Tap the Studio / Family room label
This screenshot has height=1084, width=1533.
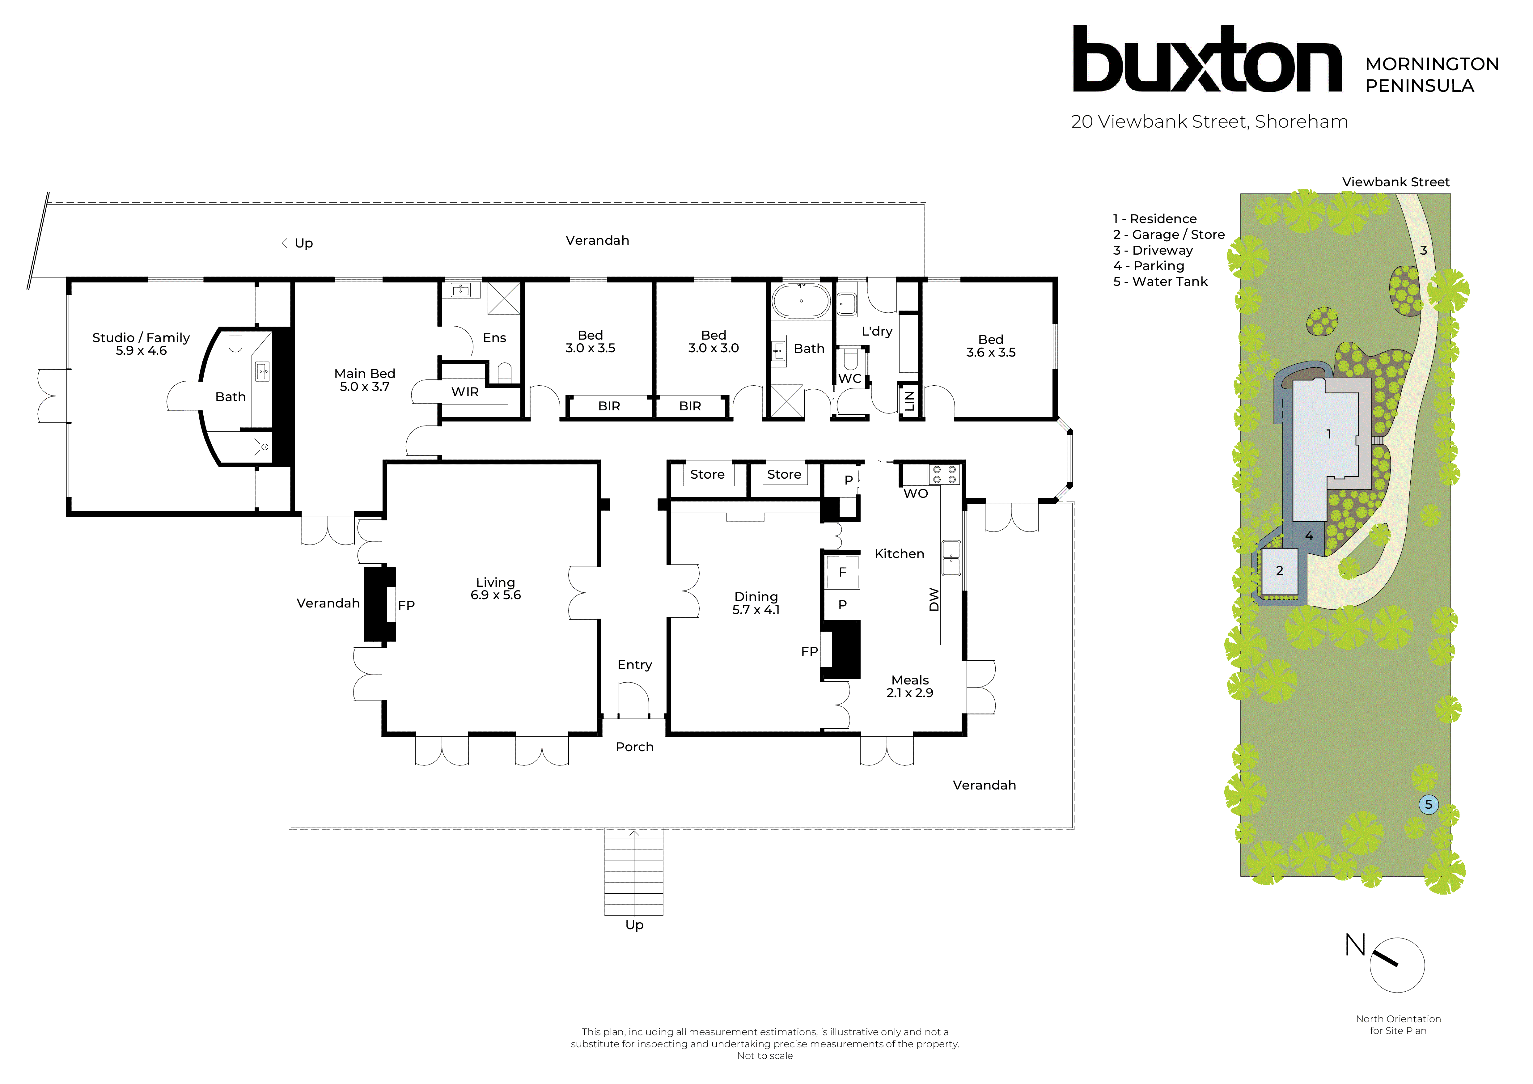[141, 344]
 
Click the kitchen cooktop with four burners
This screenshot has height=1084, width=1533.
[944, 475]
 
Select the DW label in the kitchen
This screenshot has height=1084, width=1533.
[934, 599]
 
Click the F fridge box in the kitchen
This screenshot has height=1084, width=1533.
[843, 572]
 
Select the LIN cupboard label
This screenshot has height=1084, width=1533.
[909, 400]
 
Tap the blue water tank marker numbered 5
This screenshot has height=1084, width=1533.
[1428, 804]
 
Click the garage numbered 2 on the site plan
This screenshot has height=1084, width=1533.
[1279, 571]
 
